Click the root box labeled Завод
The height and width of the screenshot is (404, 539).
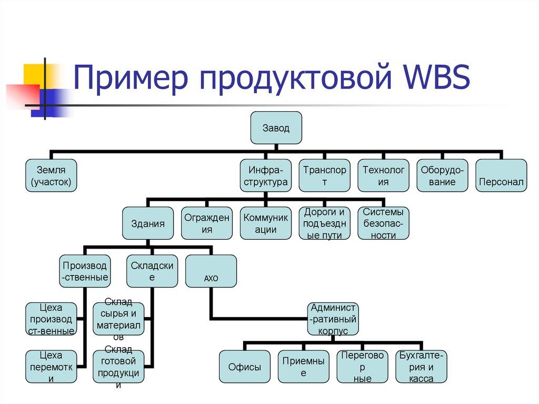pyautogui.click(x=276, y=128)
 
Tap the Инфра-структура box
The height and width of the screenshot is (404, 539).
pyautogui.click(x=265, y=176)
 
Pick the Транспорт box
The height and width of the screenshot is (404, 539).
pyautogui.click(x=324, y=176)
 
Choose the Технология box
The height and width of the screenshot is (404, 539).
pyautogui.click(x=383, y=176)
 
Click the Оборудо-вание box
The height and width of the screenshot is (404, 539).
pyautogui.click(x=442, y=176)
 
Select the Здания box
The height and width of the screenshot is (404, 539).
pyautogui.click(x=147, y=223)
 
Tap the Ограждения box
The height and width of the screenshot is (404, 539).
pyautogui.click(x=207, y=223)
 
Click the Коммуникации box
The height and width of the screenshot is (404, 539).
pyautogui.click(x=266, y=223)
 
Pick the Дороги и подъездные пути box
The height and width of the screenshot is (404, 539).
pyautogui.click(x=325, y=223)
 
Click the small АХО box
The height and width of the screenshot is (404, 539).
pyautogui.click(x=211, y=272)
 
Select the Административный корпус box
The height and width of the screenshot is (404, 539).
pyautogui.click(x=333, y=319)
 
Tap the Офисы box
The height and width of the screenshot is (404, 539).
pyautogui.click(x=245, y=367)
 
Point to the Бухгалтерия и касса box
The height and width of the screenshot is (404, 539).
pyautogui.click(x=422, y=367)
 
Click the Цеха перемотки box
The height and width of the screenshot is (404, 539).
pyautogui.click(x=51, y=367)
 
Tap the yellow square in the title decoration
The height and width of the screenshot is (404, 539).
pyautogui.click(x=34, y=73)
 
